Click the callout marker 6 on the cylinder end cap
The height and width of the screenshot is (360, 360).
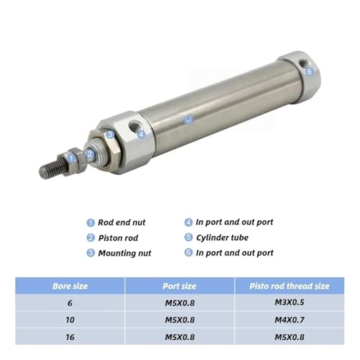coord(310,71)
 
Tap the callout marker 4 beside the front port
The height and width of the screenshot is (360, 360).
coord(141,134)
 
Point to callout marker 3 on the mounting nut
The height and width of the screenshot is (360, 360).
coord(110,135)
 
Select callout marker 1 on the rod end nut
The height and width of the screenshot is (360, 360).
coord(71,158)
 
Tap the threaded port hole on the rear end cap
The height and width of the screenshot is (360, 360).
coord(303,63)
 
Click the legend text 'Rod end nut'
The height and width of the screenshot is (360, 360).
coord(122,222)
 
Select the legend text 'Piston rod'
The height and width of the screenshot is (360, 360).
coord(118,238)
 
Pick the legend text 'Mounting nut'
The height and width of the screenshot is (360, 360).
coord(125,253)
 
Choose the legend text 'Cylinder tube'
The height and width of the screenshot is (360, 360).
coord(222,238)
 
